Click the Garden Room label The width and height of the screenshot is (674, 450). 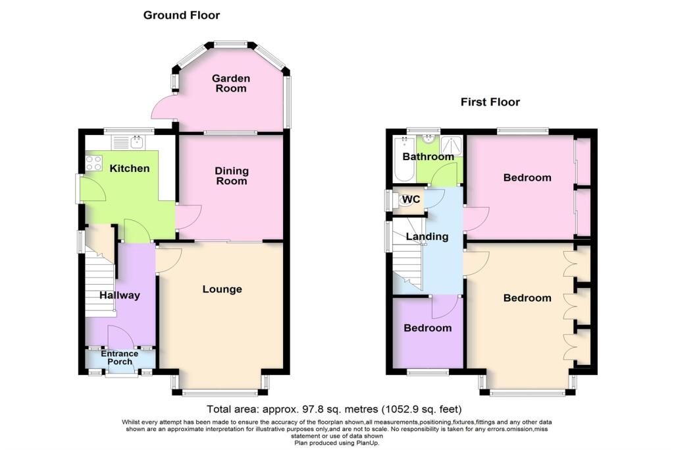230,84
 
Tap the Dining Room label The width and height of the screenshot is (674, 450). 231,176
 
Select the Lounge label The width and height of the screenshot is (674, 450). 222,289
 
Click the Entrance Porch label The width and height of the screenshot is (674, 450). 120,358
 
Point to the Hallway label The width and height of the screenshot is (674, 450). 120,295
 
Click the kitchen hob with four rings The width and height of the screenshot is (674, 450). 93,162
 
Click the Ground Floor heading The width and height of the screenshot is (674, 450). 182,15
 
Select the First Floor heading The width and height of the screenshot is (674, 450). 490,102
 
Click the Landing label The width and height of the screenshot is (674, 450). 427,237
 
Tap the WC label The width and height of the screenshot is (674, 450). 411,198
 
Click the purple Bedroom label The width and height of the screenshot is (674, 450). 428,328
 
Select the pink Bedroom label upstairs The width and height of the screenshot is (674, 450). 527,178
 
